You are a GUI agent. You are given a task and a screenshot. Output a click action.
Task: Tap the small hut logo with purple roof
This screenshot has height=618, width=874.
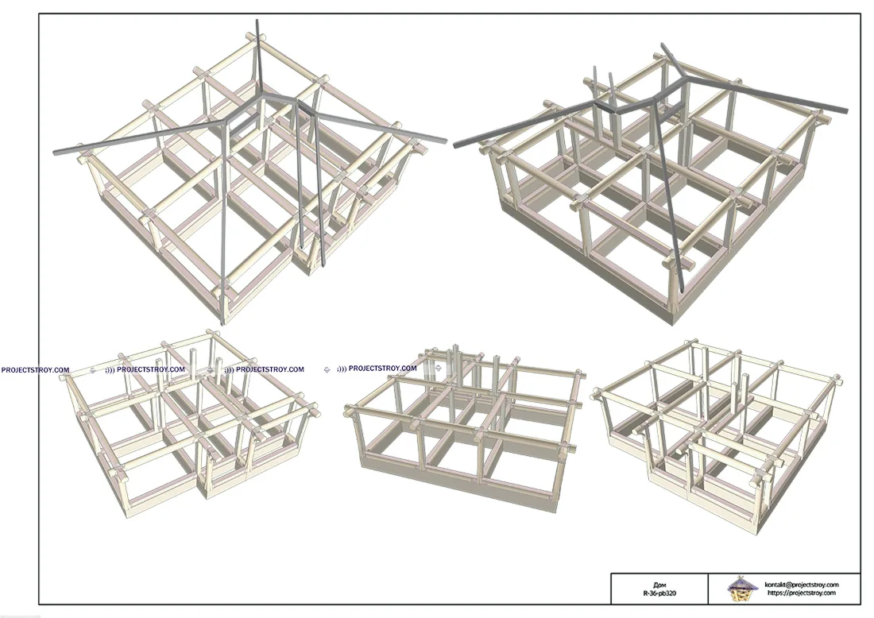[x=743, y=589]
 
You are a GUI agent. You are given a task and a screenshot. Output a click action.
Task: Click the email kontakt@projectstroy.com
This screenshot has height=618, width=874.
[x=802, y=585]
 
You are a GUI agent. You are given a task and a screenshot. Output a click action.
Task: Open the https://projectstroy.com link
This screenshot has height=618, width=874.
[x=802, y=593]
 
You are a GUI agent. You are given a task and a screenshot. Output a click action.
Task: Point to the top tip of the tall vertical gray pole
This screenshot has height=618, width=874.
[x=257, y=20]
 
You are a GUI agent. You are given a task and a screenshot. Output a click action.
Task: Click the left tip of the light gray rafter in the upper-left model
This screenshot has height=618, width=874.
[x=55, y=152]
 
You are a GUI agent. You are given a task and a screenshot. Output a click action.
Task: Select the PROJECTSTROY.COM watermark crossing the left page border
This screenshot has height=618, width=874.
[x=35, y=369]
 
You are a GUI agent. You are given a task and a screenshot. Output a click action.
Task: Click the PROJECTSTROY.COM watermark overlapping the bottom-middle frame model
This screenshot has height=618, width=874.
[x=377, y=369]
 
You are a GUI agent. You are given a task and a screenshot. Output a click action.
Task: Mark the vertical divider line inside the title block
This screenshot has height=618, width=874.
[x=709, y=589]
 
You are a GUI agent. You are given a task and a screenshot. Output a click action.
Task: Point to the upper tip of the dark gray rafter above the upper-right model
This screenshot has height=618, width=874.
[x=663, y=44]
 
